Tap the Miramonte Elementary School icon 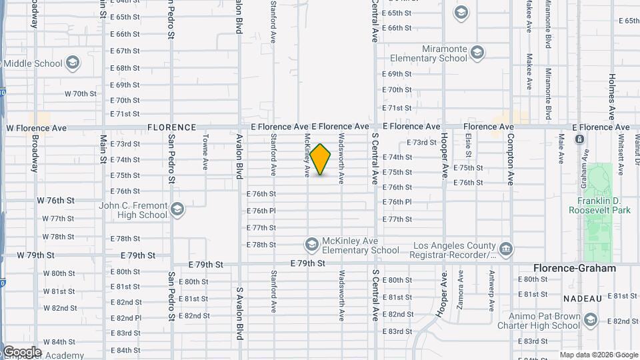[x=477, y=52]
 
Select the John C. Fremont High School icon [x=177, y=210]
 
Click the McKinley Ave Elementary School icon [x=311, y=245]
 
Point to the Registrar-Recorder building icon [x=506, y=249]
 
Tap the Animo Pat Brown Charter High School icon [x=590, y=321]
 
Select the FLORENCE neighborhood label [x=171, y=127]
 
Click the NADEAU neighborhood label [x=583, y=297]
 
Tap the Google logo [x=21, y=352]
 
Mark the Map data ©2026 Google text [x=598, y=355]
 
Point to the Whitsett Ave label [x=620, y=155]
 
